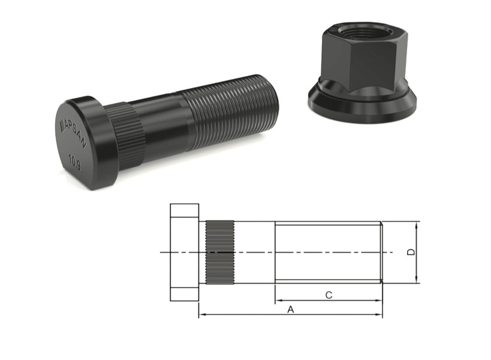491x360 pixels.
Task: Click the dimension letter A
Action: (x=291, y=309)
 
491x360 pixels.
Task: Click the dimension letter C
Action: (x=329, y=295)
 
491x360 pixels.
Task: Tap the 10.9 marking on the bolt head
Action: (x=75, y=162)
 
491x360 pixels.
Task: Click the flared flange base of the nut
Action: (x=362, y=100)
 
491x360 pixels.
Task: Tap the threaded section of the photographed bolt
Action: (x=232, y=111)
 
